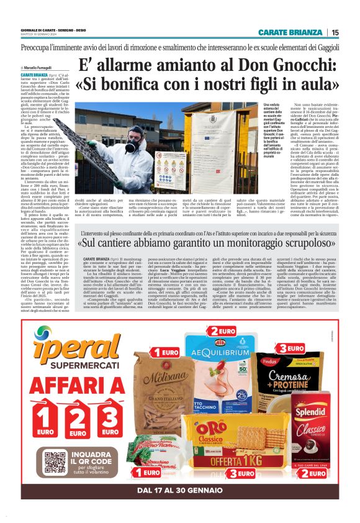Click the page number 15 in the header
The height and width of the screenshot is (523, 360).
(335, 32)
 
